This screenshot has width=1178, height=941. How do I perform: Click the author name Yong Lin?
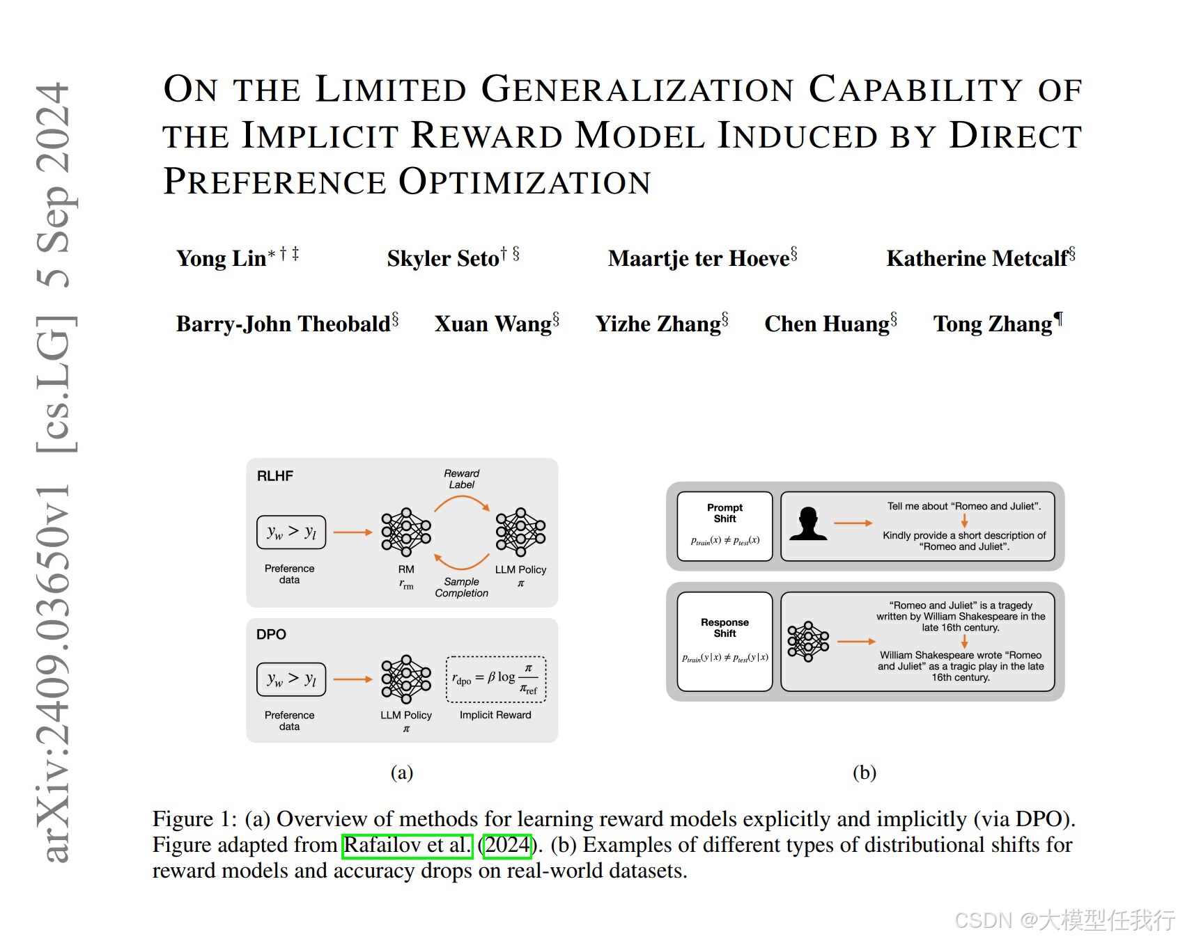coord(221,259)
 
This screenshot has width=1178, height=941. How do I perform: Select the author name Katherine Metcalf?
coord(977,259)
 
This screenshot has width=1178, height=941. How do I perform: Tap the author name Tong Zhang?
coord(992,324)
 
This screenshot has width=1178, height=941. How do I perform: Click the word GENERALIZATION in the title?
coord(637,90)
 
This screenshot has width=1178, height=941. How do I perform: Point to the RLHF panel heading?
coord(275,476)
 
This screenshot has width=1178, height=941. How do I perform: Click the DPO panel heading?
coord(271,634)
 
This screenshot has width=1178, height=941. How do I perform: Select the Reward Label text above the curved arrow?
coord(461,479)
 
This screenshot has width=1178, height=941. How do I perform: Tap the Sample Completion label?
coord(461,587)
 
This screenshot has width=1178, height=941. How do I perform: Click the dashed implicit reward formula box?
coord(495,679)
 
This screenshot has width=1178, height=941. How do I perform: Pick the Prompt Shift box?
coord(724,525)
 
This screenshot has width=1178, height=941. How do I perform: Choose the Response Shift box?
coord(724,641)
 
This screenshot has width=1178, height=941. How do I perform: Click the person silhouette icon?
coord(808,524)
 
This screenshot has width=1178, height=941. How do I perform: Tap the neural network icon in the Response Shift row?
coord(808,641)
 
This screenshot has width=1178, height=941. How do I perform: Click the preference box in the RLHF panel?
coord(291,532)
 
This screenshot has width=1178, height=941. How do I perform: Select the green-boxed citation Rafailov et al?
coord(408,846)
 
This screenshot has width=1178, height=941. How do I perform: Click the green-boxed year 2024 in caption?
coord(507,846)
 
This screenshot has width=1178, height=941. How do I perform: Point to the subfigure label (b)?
coord(864,773)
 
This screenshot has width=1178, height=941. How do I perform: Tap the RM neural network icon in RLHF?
coord(406,532)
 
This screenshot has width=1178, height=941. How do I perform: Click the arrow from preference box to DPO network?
coord(353,679)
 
